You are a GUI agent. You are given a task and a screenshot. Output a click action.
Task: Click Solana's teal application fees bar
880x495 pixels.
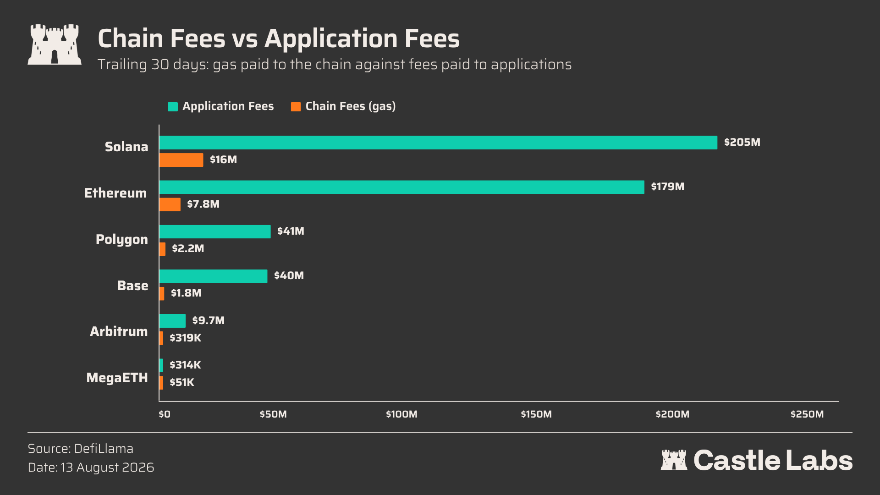438,143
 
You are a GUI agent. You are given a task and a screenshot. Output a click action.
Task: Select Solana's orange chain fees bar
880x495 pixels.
181,160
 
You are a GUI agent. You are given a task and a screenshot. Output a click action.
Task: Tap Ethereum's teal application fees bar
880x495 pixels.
402,187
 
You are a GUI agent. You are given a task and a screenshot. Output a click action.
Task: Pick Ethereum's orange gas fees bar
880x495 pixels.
170,204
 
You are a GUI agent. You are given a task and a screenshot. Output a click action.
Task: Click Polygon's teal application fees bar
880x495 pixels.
215,231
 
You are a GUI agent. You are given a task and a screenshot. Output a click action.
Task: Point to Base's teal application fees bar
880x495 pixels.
213,276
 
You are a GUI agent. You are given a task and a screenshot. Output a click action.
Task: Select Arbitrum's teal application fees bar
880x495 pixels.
172,321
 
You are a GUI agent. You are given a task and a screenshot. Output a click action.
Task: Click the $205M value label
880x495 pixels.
742,142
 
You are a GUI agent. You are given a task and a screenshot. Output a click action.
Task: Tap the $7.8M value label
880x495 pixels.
203,204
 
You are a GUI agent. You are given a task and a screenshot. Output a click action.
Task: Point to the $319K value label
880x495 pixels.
185,338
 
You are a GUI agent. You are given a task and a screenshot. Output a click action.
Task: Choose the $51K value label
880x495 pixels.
182,382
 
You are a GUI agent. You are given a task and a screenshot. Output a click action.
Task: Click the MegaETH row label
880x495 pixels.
117,378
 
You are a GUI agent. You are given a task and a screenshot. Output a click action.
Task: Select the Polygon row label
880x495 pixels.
122,239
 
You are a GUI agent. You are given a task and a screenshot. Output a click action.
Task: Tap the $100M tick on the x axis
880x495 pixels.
401,414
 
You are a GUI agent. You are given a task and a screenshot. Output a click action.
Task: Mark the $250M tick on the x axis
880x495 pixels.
807,414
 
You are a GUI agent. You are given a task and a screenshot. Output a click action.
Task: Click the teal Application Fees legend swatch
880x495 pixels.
173,107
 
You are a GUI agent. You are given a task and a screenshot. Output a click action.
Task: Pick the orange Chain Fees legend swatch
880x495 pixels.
296,107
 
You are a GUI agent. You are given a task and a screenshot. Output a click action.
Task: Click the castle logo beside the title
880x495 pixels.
55,44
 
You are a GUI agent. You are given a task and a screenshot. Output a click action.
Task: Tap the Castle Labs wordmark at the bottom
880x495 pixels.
757,460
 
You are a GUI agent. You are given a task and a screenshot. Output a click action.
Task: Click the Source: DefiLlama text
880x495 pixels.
81,449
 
